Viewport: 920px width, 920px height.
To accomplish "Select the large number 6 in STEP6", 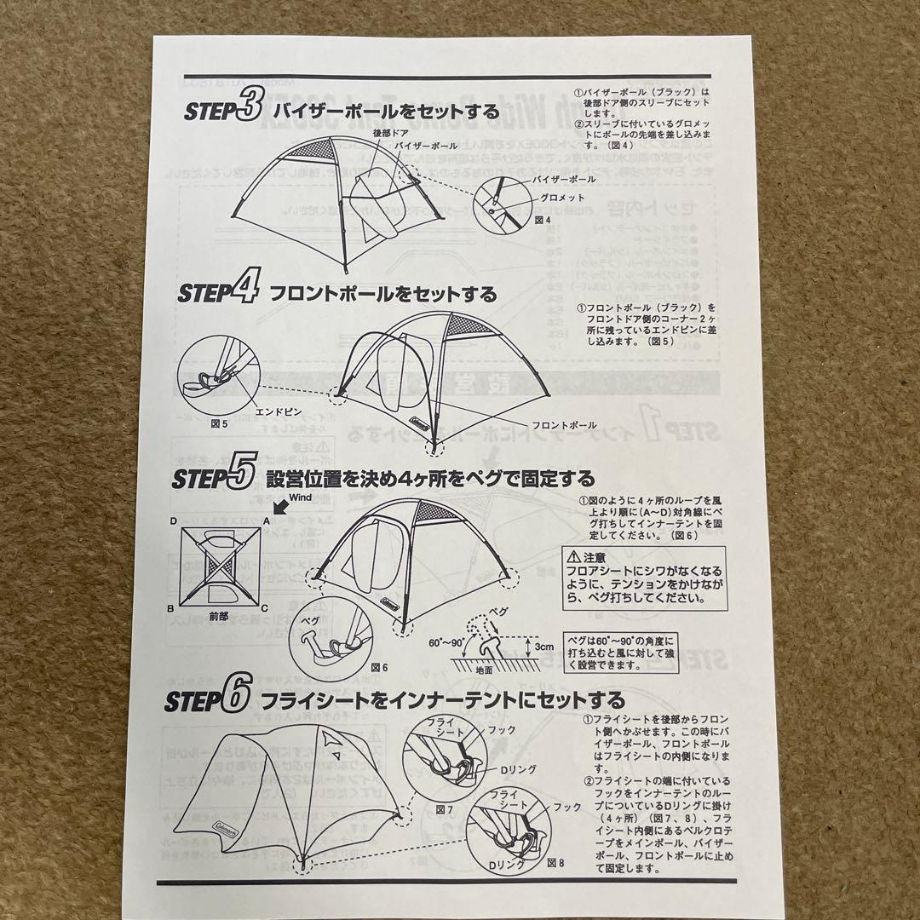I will pos(235,699).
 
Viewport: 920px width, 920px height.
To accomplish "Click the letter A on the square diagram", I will pos(267,520).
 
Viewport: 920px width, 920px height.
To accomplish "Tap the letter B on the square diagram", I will pos(173,608).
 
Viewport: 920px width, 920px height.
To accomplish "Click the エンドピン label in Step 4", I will pos(274,410).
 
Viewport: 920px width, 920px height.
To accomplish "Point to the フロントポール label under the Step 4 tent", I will pos(564,423).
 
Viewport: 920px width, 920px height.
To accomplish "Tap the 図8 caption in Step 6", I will pos(555,863).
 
